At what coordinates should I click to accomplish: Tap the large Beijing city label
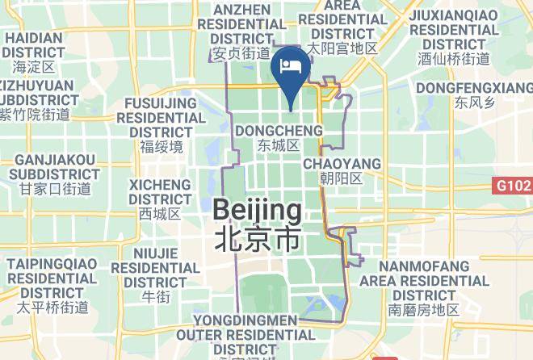(258, 212)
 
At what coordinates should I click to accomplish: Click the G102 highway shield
(513, 186)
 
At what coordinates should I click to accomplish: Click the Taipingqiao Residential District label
(53, 278)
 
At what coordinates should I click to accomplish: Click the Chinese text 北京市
(258, 239)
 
